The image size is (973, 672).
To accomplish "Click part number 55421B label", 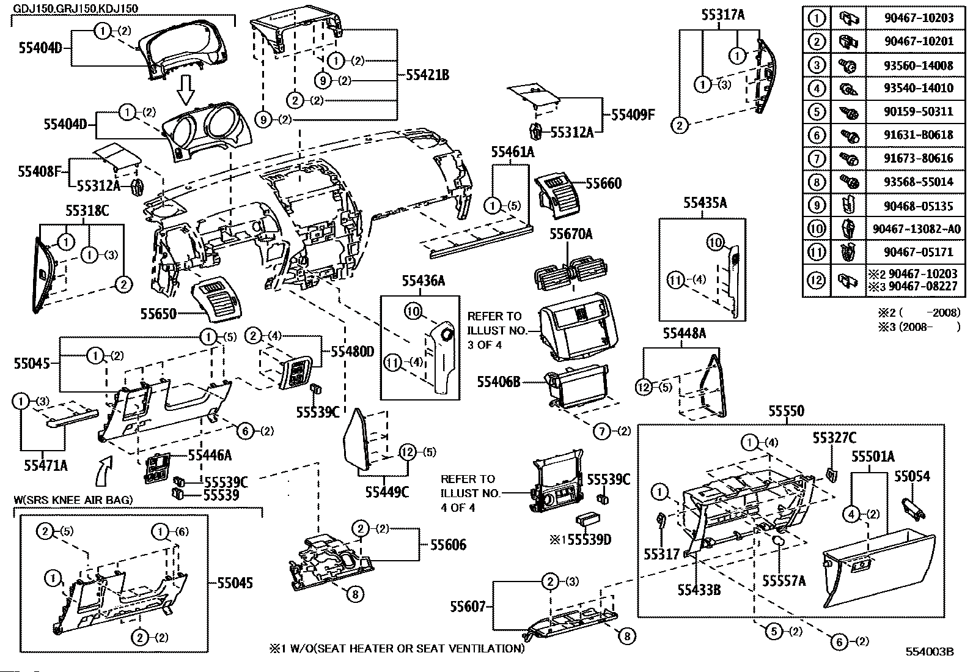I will pos(428,76).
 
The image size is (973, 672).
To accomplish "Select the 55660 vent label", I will pos(603,183).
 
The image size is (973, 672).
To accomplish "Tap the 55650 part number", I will pos(158,314).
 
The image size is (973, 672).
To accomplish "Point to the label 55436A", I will pos(423,281).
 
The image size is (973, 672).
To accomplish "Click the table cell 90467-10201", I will pos(918,41).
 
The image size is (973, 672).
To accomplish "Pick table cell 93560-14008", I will pos(918,65).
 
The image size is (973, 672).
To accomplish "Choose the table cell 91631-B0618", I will pos(918,135).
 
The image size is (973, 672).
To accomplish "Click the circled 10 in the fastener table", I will pos(817,228).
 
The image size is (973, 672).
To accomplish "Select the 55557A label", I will pos(784,581).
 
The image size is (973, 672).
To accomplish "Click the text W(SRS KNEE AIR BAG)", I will pos(73,500).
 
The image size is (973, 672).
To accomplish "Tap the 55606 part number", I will pos(448,545).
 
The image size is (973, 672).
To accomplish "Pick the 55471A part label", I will pos(46,466).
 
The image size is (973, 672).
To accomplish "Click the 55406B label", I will pos(499,382).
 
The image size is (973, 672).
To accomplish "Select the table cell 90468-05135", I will pos(918,205).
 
